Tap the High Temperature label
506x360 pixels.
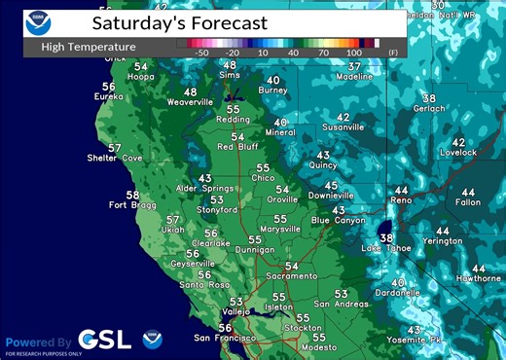pos(89,46)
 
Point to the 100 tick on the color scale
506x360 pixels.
pos(354,52)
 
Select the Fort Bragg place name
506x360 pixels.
pos(131,205)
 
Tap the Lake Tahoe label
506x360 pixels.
pos(385,248)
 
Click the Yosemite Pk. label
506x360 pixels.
pos(416,340)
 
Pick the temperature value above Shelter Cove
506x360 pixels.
pos(115,148)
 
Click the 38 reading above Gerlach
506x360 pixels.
pos(428,98)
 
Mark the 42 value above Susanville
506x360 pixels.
pos(343,117)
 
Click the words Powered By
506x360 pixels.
pos(38,342)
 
